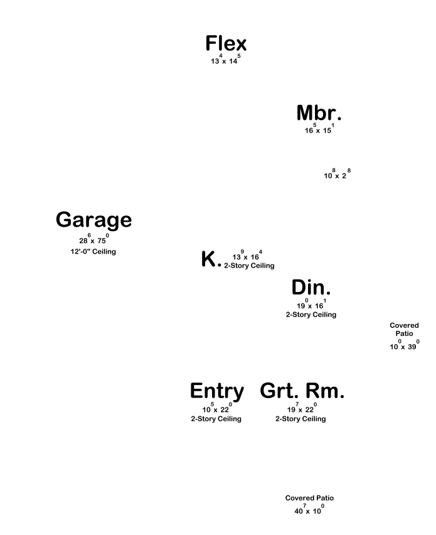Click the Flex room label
click(x=226, y=44)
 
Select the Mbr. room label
click(x=319, y=114)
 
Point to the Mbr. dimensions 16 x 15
click(x=319, y=129)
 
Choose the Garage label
click(x=93, y=220)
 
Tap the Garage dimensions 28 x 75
click(x=93, y=240)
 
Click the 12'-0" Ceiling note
click(x=93, y=252)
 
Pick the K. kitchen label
click(x=211, y=259)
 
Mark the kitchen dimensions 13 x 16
click(x=247, y=256)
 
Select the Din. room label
click(x=311, y=288)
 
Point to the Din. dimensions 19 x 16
click(x=311, y=305)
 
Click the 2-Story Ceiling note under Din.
click(x=311, y=315)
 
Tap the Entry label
click(x=216, y=391)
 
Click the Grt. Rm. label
click(x=302, y=391)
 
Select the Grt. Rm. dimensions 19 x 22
click(x=302, y=409)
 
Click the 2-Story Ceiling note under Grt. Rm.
click(x=300, y=419)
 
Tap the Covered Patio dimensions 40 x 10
click(x=309, y=511)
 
